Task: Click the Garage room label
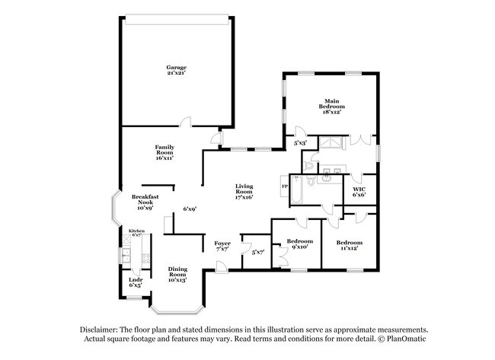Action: [177, 70]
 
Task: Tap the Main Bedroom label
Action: [331, 106]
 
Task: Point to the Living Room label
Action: [244, 191]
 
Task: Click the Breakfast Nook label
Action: [145, 202]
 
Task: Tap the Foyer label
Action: [222, 246]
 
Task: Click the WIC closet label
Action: [359, 192]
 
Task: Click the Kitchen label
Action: [136, 233]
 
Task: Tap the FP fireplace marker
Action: [285, 186]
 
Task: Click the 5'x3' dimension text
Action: [301, 143]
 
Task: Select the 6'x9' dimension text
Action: [190, 209]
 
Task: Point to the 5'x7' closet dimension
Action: [257, 252]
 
